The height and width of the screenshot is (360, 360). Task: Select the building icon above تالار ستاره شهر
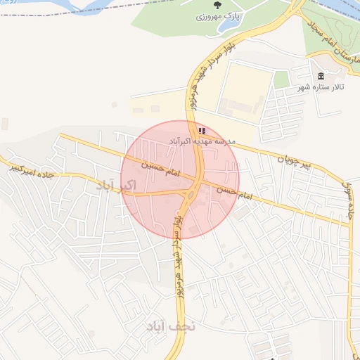(321, 76)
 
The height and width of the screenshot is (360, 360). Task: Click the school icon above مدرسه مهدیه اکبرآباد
(202, 131)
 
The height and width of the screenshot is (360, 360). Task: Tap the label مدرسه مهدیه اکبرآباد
(202, 141)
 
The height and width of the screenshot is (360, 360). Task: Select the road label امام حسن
(235, 191)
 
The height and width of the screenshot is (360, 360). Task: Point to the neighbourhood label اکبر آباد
(115, 186)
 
